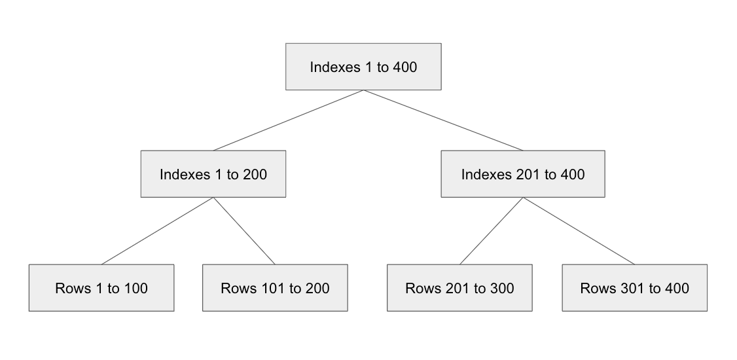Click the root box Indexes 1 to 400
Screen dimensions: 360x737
pyautogui.click(x=363, y=67)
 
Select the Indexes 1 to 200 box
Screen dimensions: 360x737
pyautogui.click(x=213, y=174)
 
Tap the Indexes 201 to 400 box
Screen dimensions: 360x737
pyautogui.click(x=522, y=174)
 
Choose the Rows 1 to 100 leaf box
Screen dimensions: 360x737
pyautogui.click(x=101, y=288)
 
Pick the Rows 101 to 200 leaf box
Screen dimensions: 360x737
pyautogui.click(x=275, y=288)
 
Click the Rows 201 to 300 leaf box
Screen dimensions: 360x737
pyautogui.click(x=459, y=288)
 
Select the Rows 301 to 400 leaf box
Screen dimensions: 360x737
pyautogui.click(x=634, y=288)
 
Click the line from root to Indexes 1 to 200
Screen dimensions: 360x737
pyautogui.click(x=288, y=120)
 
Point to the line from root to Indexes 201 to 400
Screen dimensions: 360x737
pyautogui.click(x=444, y=120)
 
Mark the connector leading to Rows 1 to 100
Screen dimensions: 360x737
pyautogui.click(x=157, y=231)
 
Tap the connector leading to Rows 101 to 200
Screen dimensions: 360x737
pyautogui.click(x=244, y=231)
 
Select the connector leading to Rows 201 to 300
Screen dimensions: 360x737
pyautogui.click(x=491, y=231)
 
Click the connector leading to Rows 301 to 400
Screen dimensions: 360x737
pyautogui.click(x=579, y=231)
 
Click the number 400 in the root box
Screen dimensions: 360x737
pyautogui.click(x=404, y=67)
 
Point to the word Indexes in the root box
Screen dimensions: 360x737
pyautogui.click(x=333, y=67)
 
